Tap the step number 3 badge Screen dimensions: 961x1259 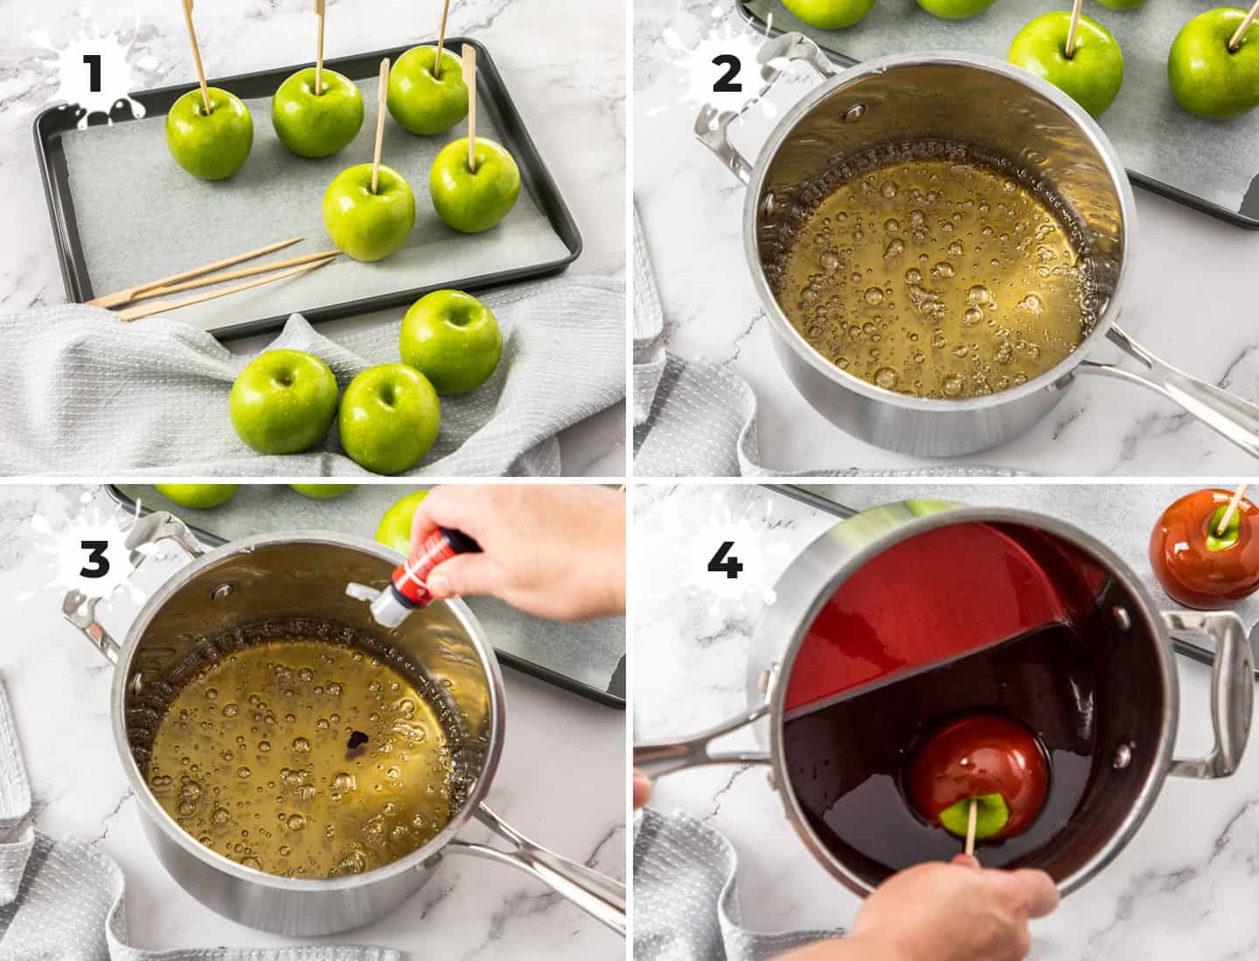(94, 559)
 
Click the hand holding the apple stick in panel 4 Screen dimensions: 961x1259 (962, 909)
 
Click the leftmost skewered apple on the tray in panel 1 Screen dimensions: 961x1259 (209, 135)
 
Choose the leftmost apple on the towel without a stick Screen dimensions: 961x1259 (283, 402)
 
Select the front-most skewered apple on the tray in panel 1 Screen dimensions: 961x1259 (369, 211)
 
